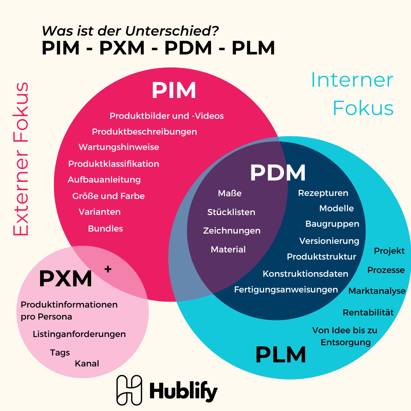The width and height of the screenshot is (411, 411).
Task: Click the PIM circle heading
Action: point(174,90)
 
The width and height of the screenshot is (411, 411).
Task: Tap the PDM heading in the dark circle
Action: point(278,173)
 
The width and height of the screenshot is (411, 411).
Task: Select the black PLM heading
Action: point(281,355)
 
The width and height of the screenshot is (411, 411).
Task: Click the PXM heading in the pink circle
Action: point(65,279)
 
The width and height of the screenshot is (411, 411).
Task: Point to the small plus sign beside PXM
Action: point(108,269)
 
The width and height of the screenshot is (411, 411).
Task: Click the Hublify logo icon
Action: point(129,390)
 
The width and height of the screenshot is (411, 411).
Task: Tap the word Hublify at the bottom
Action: point(184,391)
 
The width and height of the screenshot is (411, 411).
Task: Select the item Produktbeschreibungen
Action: point(144,132)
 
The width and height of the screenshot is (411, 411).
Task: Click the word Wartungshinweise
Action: point(119,147)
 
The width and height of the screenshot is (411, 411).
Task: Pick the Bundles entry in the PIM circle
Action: point(105,229)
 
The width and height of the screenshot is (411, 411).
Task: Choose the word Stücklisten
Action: point(231,212)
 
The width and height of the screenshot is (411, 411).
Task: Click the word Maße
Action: point(229,194)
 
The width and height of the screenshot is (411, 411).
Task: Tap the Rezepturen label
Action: point(323,193)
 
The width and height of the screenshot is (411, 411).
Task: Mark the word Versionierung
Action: point(329,241)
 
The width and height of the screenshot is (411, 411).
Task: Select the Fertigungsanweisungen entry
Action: point(286,290)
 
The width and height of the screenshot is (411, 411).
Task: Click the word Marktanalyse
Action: point(377,291)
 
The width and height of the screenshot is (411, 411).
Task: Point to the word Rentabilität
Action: point(368,313)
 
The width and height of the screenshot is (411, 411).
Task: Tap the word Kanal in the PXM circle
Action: point(87,364)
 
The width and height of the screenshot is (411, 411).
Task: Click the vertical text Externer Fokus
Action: point(21,159)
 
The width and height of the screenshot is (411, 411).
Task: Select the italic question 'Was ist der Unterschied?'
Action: point(130,31)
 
